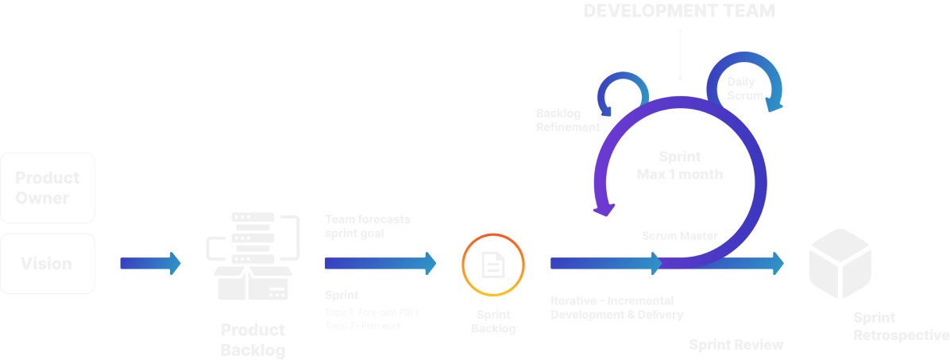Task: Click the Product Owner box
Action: [x=48, y=188]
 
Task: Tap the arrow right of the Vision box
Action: [x=149, y=266]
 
